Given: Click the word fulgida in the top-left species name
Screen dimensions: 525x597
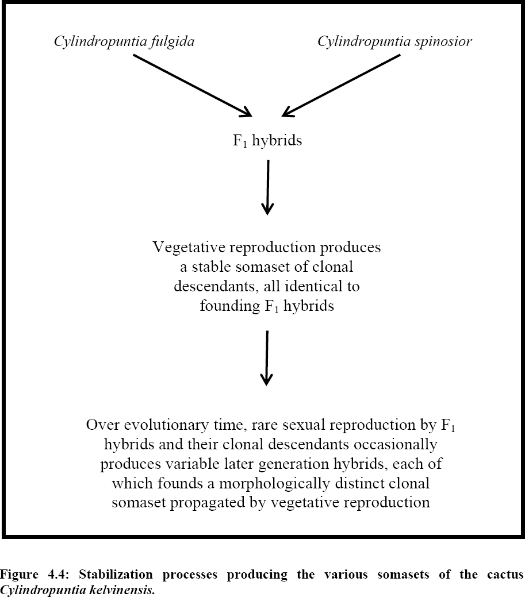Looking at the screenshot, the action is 172,41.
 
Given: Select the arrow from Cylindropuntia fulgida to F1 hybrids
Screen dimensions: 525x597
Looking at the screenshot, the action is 193,85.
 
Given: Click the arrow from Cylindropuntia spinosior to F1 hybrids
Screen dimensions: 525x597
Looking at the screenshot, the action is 341,85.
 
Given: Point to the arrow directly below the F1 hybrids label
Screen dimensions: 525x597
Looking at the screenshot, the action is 268,187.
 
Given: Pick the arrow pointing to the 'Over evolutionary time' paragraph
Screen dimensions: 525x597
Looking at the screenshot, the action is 267,359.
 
